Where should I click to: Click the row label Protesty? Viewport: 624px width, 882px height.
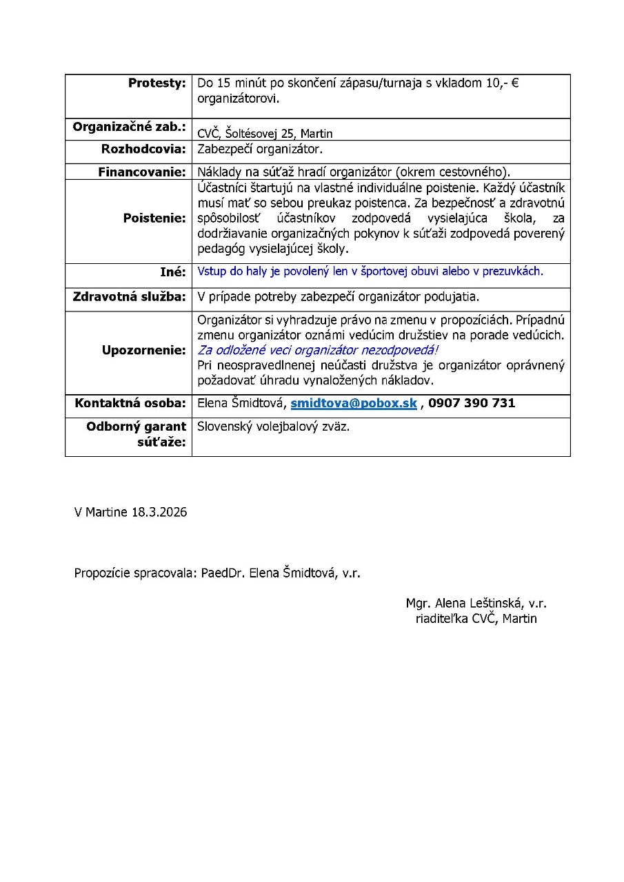click(x=157, y=83)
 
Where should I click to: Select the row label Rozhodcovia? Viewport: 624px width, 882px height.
click(x=143, y=149)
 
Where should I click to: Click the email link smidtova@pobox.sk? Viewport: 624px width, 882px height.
click(x=354, y=403)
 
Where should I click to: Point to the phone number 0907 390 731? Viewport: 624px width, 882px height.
click(x=472, y=403)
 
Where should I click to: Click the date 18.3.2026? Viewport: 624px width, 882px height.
click(x=159, y=513)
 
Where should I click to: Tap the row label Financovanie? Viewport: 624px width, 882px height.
click(x=142, y=172)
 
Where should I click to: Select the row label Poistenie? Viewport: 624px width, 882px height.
click(x=154, y=218)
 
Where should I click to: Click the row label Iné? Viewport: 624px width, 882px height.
click(x=172, y=272)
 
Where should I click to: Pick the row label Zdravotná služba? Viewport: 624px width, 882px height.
click(x=130, y=297)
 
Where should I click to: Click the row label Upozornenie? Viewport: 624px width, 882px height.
click(x=144, y=350)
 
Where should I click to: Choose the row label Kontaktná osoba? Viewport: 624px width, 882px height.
click(x=130, y=403)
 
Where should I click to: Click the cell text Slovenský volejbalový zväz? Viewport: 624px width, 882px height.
click(x=274, y=427)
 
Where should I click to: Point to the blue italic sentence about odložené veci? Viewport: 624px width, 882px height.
click(x=318, y=350)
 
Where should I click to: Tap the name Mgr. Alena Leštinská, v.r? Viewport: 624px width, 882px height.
click(x=476, y=604)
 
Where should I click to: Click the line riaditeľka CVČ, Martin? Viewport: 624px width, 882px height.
click(x=476, y=619)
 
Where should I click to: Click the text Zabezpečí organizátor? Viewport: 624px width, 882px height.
click(x=260, y=149)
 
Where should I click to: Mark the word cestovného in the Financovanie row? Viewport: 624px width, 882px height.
click(x=473, y=172)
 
